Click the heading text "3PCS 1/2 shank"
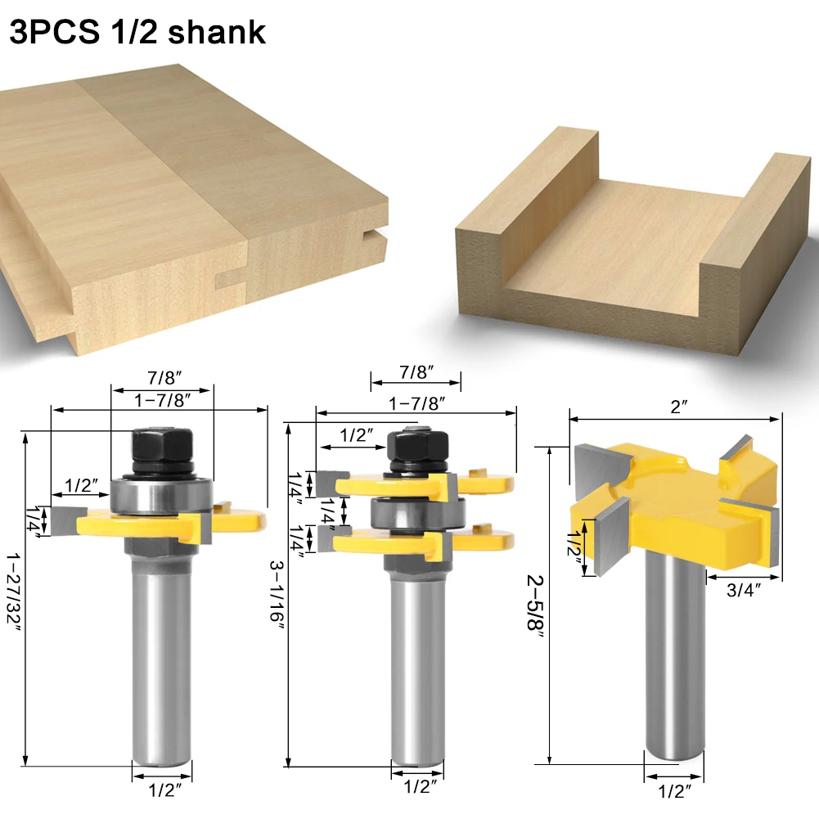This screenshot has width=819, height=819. pos(138,32)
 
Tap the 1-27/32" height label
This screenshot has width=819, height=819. pos(14,588)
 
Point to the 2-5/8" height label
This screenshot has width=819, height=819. pos(535,602)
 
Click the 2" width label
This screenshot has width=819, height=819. pos(678,407)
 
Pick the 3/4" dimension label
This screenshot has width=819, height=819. pos(744,590)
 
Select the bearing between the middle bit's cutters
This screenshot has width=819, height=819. pos(417,514)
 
